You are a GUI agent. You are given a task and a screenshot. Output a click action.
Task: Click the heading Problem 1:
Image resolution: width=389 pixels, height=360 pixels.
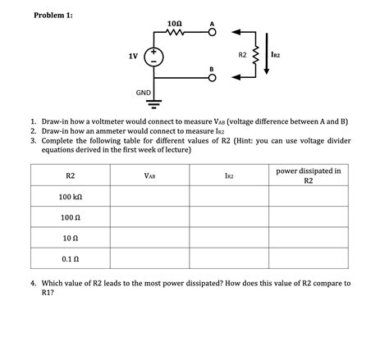54,16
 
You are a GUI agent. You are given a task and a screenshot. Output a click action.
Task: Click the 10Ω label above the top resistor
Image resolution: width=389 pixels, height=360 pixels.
175,24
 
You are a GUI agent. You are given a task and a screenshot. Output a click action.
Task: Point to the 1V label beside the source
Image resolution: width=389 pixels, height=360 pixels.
132,56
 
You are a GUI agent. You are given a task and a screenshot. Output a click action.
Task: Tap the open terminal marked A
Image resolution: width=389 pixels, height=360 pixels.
212,34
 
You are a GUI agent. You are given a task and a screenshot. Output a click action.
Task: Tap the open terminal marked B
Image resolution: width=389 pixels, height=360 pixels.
212,78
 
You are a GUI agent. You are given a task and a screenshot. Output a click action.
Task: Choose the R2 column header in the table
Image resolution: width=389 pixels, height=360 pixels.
70,175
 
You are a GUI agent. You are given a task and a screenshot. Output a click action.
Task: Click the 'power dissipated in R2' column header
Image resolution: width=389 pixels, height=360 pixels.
309,175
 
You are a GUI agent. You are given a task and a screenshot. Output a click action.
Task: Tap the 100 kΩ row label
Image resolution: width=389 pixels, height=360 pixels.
71,198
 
